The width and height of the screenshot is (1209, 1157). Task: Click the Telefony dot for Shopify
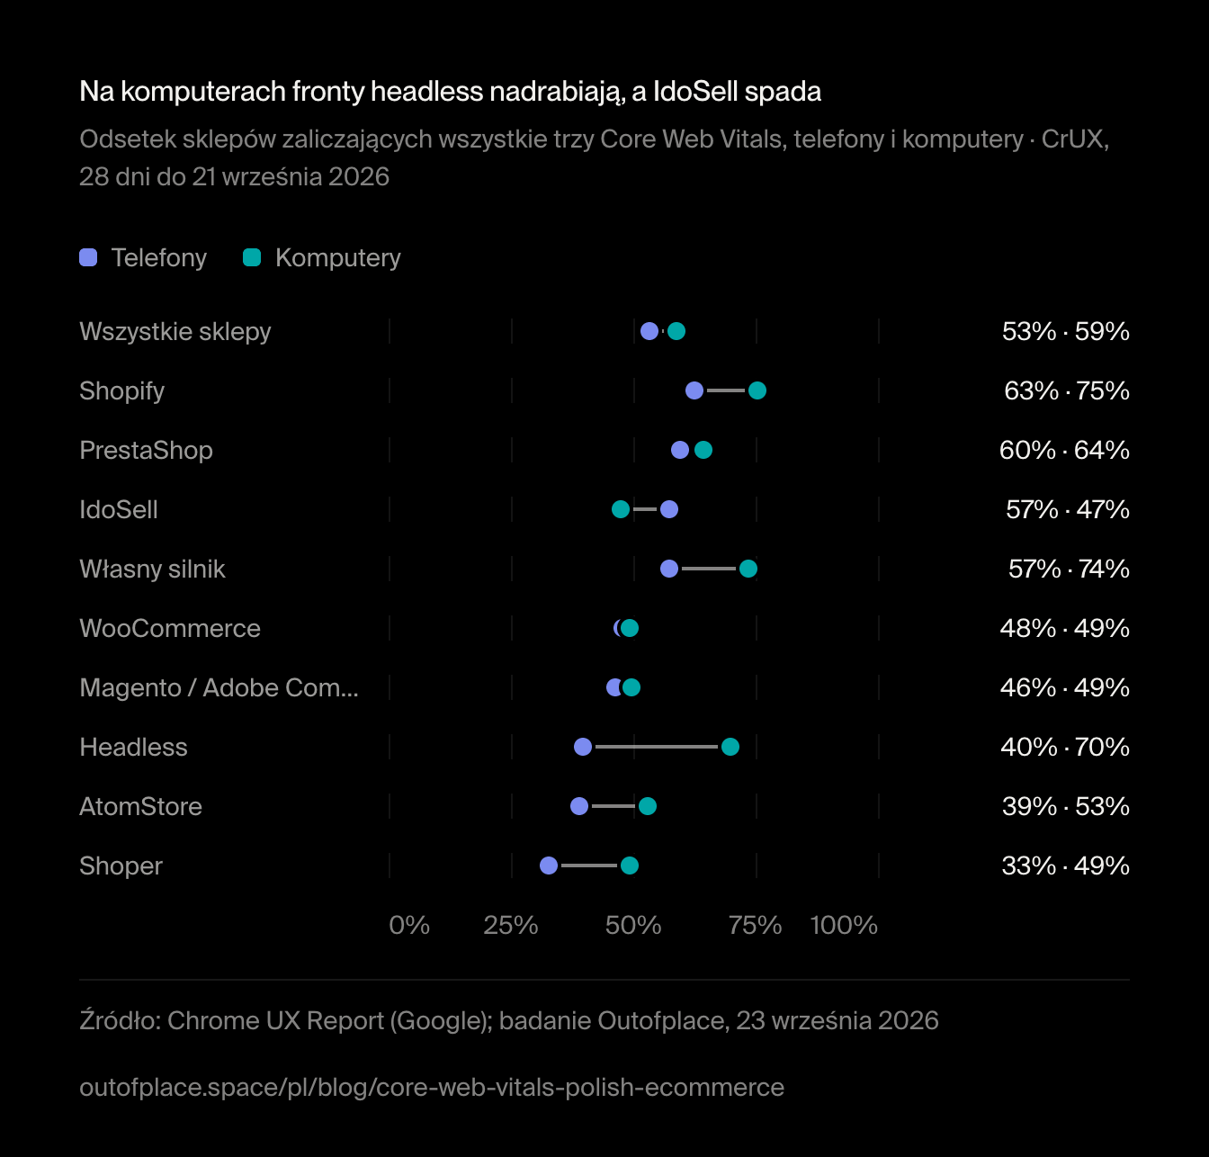(x=694, y=390)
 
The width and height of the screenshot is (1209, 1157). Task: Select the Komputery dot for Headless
(x=730, y=747)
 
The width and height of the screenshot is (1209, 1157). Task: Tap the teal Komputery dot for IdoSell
(x=621, y=509)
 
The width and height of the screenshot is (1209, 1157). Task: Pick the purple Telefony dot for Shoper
(x=549, y=866)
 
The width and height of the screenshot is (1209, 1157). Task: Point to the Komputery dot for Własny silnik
(x=748, y=569)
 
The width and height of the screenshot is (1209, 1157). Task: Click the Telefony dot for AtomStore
(x=579, y=806)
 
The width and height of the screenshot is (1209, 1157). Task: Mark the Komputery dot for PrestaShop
(x=703, y=450)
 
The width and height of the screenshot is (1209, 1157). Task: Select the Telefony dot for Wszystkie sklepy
(x=649, y=331)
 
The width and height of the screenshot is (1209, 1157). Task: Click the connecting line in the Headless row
(x=657, y=747)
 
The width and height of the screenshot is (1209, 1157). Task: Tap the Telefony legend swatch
(x=88, y=257)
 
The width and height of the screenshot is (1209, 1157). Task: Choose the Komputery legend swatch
(x=252, y=257)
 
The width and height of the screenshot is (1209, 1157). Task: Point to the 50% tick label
(x=633, y=925)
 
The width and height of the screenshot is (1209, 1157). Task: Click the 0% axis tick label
(x=409, y=925)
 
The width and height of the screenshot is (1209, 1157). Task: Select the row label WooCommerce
(x=170, y=628)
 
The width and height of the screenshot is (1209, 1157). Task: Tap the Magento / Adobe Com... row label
(x=219, y=688)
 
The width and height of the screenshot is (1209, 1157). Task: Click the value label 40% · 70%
(x=1065, y=747)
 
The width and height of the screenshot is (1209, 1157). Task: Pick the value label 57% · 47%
(x=1068, y=509)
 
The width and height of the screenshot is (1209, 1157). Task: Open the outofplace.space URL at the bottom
(x=432, y=1088)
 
